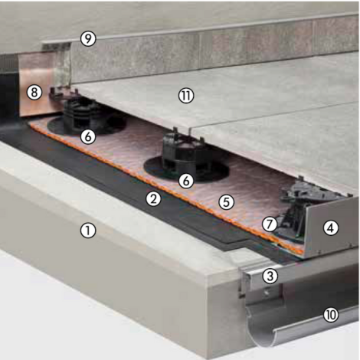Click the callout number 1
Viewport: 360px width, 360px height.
click(x=89, y=229)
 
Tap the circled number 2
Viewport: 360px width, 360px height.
click(x=154, y=199)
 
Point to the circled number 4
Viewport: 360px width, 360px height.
click(x=330, y=227)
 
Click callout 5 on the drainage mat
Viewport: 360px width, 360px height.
click(x=225, y=202)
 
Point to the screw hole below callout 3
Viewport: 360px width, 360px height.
click(x=268, y=291)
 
